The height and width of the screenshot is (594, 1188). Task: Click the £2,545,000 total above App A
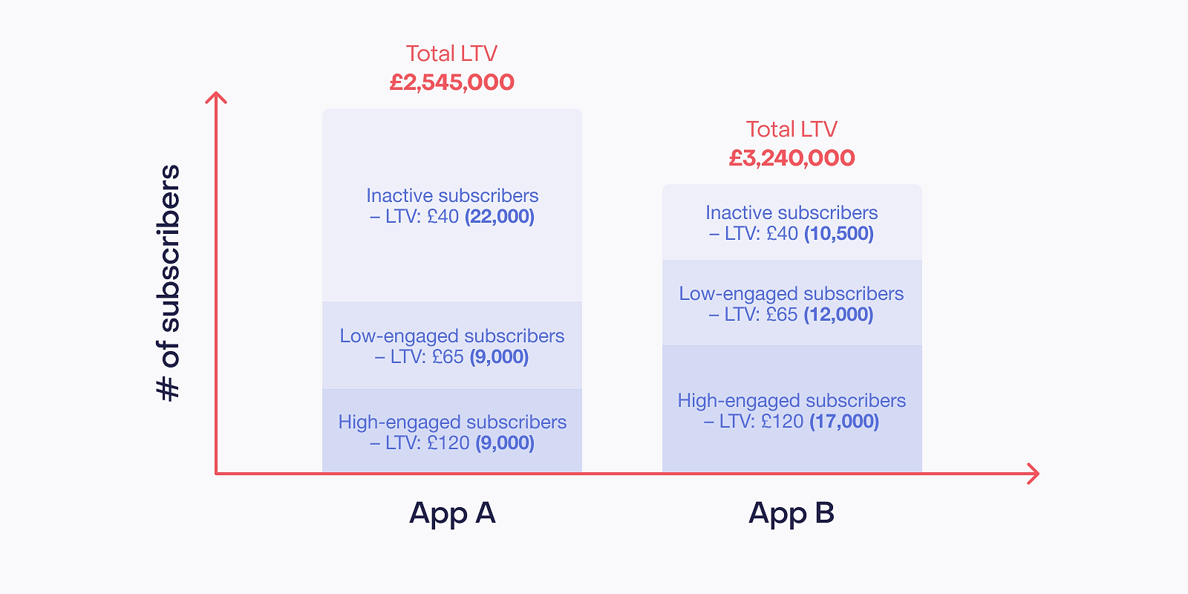click(x=452, y=82)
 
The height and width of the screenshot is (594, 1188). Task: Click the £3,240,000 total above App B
click(x=792, y=158)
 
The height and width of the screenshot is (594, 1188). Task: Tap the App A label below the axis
click(x=452, y=513)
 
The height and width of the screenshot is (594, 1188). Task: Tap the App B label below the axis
click(x=792, y=513)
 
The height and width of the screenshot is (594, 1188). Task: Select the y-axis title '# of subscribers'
click(x=169, y=283)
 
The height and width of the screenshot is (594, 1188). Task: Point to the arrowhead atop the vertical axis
click(x=216, y=97)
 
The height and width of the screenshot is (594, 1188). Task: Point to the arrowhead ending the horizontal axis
click(x=1033, y=474)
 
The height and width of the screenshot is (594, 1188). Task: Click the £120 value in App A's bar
click(x=448, y=443)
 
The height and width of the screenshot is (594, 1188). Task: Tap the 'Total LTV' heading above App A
click(x=452, y=53)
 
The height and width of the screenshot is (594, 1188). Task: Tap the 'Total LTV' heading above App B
click(x=792, y=129)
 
